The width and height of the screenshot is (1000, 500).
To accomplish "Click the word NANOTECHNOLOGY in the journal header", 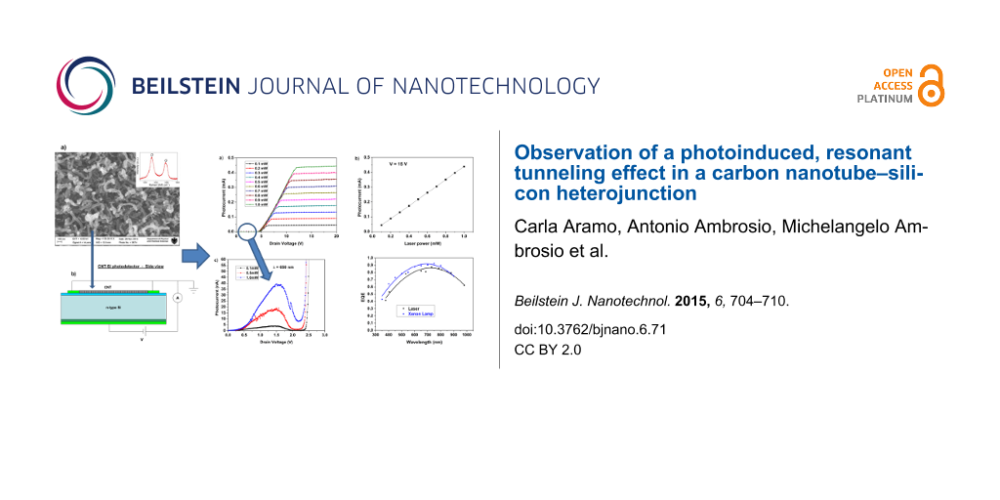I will [495, 86].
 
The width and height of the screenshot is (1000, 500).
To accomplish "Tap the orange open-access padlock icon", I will [931, 86].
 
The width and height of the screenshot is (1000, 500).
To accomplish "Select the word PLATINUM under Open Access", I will [885, 99].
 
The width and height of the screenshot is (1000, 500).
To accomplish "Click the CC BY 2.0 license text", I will [547, 349].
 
